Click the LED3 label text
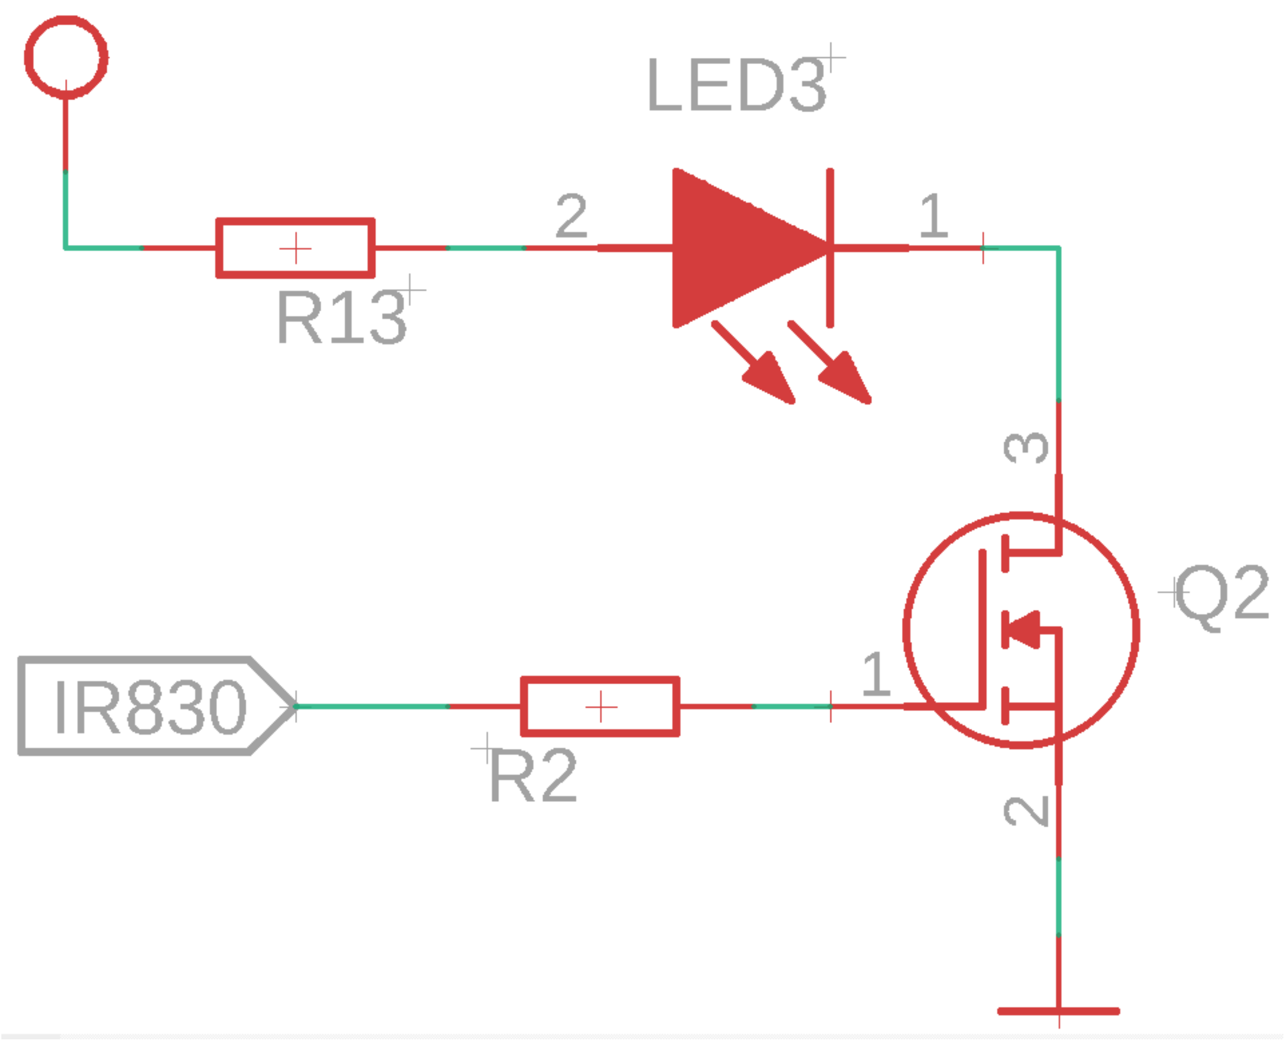click(736, 86)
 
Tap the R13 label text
click(342, 317)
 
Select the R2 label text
click(533, 777)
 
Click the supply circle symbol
click(66, 57)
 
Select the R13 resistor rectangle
click(295, 248)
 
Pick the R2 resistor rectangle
click(601, 706)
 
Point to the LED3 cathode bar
click(830, 248)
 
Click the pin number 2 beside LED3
click(571, 215)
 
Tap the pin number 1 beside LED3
click(934, 215)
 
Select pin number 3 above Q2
click(1026, 447)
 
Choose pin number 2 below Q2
click(1026, 811)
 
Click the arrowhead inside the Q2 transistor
click(1024, 629)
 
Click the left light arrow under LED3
click(756, 364)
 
